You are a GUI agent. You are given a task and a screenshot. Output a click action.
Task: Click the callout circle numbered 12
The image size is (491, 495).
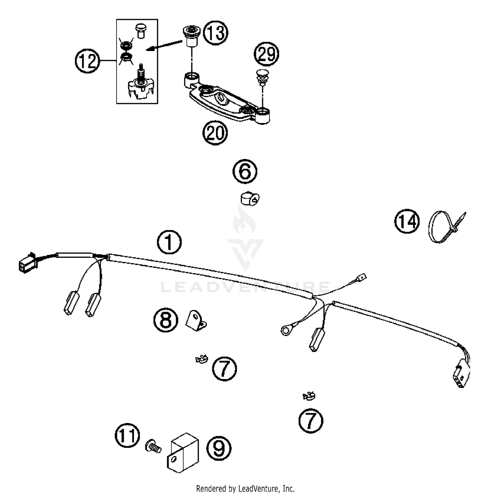click(x=87, y=61)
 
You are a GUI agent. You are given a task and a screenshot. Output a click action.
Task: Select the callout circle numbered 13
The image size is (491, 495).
click(x=216, y=33)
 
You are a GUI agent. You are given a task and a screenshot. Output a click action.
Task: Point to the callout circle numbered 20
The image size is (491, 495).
click(x=215, y=133)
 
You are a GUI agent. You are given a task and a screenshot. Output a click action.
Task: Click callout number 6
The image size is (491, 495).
click(x=245, y=171)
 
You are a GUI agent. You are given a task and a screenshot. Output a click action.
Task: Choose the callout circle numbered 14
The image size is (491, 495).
click(x=407, y=222)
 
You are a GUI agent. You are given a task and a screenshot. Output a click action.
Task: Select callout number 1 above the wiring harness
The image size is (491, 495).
click(x=169, y=242)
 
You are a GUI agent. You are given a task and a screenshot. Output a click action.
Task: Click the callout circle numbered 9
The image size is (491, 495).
click(x=219, y=448)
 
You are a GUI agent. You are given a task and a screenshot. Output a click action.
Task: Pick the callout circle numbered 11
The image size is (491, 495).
click(x=127, y=436)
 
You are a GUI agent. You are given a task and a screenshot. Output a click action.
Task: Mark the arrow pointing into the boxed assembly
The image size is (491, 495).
click(x=164, y=45)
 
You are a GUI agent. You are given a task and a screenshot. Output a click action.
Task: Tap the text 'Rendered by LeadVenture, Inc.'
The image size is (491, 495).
click(x=245, y=489)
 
